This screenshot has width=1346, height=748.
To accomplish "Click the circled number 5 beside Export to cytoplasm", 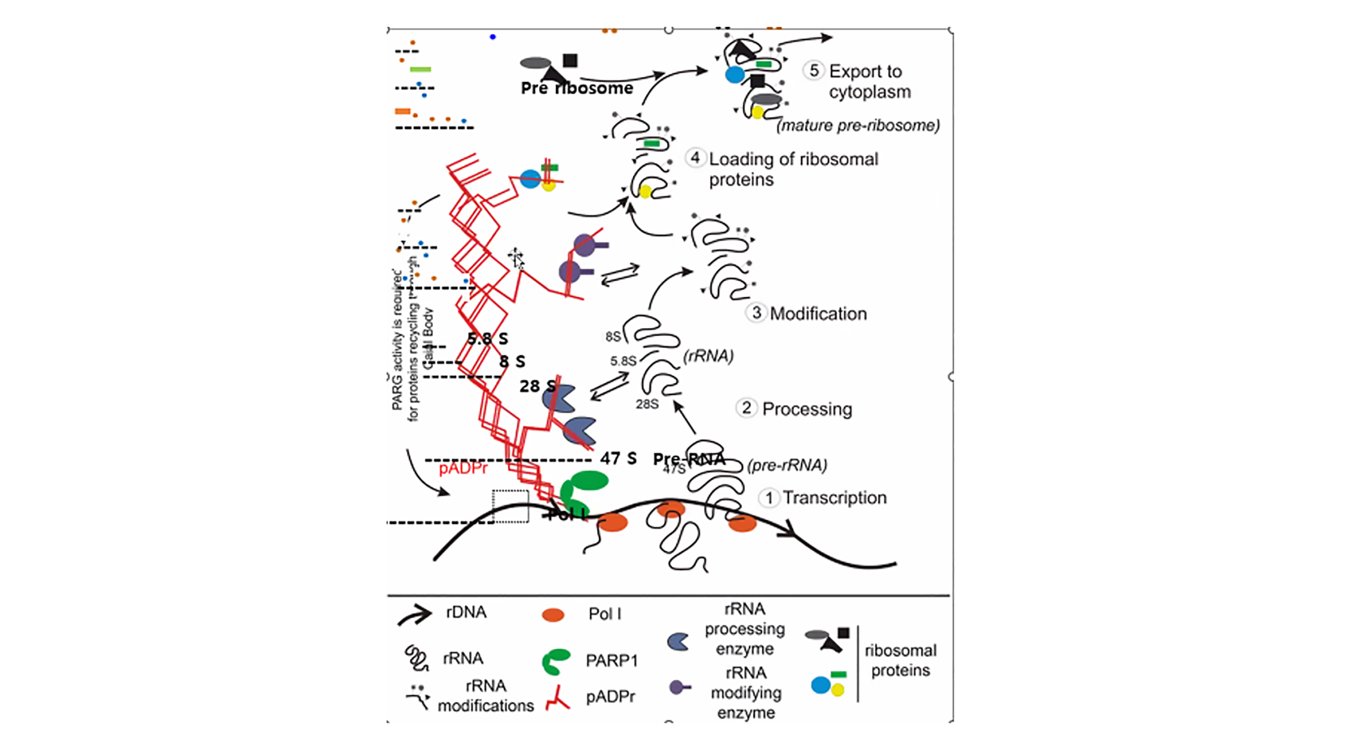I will pos(814,70).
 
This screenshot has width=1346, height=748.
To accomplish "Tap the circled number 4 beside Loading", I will pos(695,157).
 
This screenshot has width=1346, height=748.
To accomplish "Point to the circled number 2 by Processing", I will pos(747,408).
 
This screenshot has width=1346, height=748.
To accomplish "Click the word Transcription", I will pos(835,498).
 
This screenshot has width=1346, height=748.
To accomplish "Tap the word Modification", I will pos(818,313).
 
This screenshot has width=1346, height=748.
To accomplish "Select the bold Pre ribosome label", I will pos(576,88).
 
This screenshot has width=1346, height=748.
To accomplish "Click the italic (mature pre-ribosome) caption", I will pos(858,126).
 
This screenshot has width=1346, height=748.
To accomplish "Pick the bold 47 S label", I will pos(618,458).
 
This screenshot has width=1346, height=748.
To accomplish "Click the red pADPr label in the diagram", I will pos(463,468).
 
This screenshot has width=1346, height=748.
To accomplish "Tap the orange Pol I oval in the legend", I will pos(553,614).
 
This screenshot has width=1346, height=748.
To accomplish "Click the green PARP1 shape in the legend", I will pos(555,661).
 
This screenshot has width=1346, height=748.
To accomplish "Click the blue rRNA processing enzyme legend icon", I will pos(678,642).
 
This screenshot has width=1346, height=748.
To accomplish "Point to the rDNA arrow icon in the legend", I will pos(414,614).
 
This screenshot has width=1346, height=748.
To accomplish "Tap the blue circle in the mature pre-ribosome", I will pos(735,75).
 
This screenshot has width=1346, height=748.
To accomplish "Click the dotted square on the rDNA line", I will pos(511,506).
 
